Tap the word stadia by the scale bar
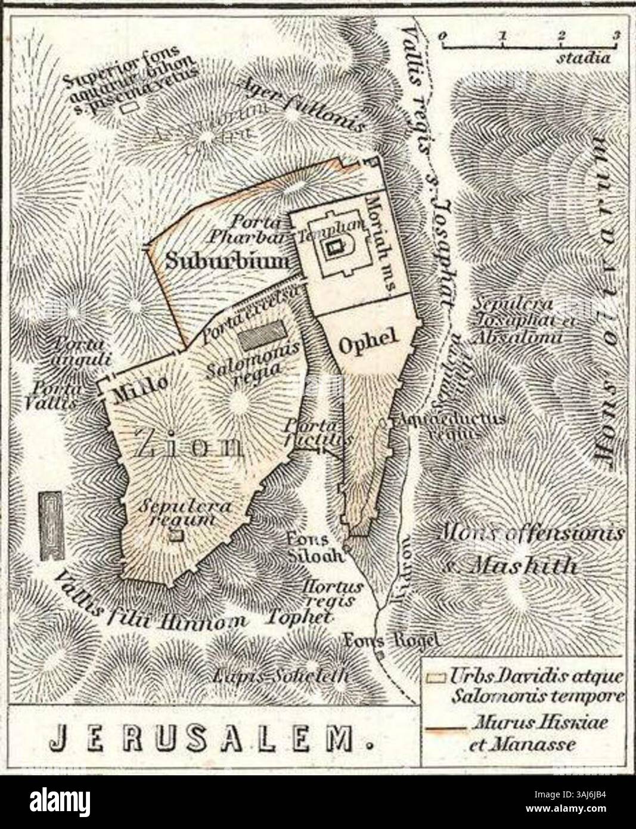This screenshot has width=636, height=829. pyautogui.click(x=584, y=58)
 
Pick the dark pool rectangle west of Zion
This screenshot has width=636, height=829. pyautogui.click(x=52, y=526)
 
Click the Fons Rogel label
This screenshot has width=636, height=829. pyautogui.click(x=392, y=639)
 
